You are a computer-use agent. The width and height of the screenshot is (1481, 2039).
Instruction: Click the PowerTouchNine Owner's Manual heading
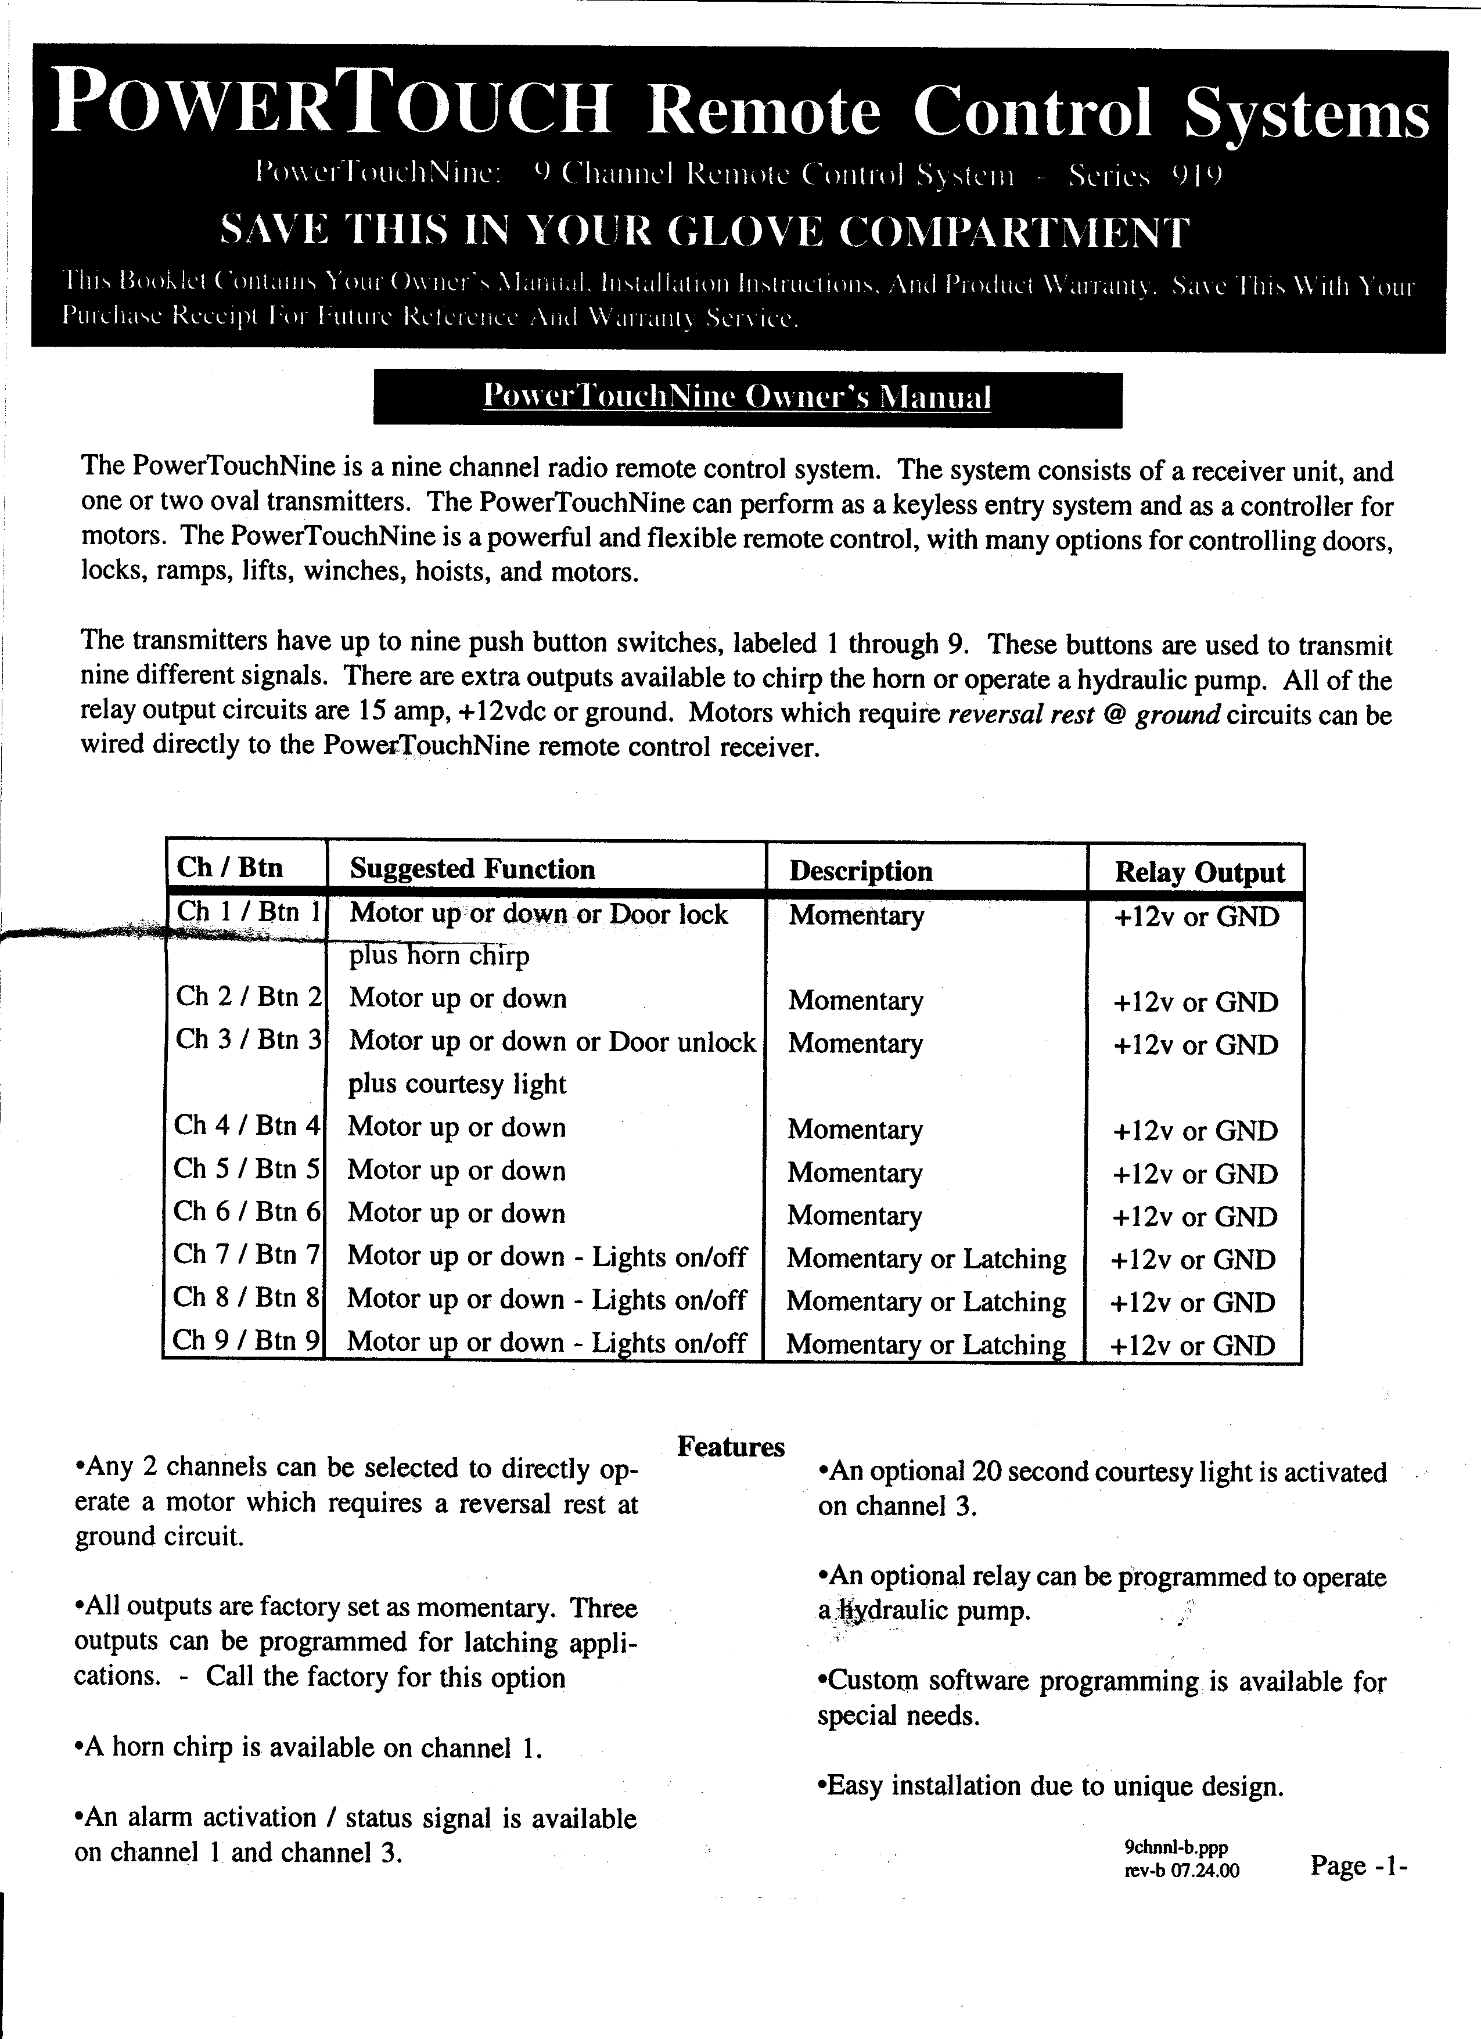(736, 397)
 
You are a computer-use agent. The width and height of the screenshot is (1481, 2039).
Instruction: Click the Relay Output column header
(1199, 872)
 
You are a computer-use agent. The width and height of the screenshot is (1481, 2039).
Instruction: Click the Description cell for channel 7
(926, 1258)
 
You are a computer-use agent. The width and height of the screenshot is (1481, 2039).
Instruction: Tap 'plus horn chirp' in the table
(439, 955)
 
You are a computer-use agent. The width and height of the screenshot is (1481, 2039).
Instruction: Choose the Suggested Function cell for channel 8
(547, 1299)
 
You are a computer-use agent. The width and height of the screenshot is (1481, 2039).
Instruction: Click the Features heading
(730, 1447)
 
